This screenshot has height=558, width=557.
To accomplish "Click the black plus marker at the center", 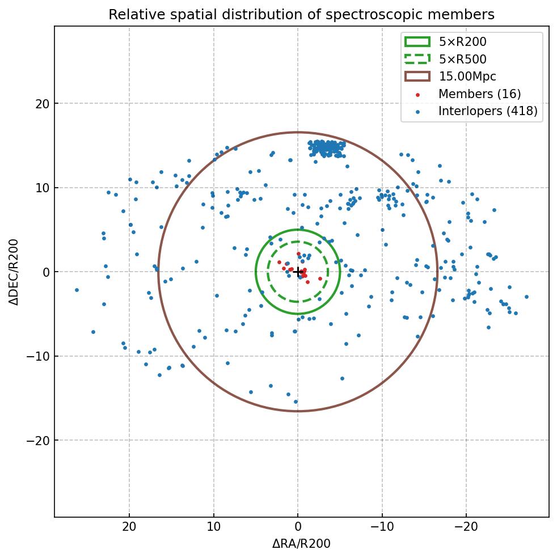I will point(298,272).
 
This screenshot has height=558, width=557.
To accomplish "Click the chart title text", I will point(301,15).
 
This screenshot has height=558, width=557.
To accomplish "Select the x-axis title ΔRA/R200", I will point(301,544).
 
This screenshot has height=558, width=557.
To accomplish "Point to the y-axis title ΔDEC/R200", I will point(15,272).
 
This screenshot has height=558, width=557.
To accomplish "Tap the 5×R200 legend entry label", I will point(462,41).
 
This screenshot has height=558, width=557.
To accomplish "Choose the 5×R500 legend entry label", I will point(462,59).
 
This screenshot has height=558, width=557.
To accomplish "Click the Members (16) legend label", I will point(479,94).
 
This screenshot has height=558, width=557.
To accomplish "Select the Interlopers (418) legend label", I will point(488,112).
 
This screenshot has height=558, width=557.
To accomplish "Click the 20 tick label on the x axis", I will point(129,527).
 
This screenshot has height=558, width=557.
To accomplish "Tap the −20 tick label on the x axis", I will point(466,527).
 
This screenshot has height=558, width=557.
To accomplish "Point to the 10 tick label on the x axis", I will point(213,527).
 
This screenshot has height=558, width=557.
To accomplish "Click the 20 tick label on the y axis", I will point(43,104).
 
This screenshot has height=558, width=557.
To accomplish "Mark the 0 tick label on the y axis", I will point(47,272).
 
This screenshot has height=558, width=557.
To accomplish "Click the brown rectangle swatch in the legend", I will point(417,77).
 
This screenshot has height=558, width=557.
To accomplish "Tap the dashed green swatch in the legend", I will point(417,59).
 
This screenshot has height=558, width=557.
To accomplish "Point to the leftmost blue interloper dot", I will point(77,290).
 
